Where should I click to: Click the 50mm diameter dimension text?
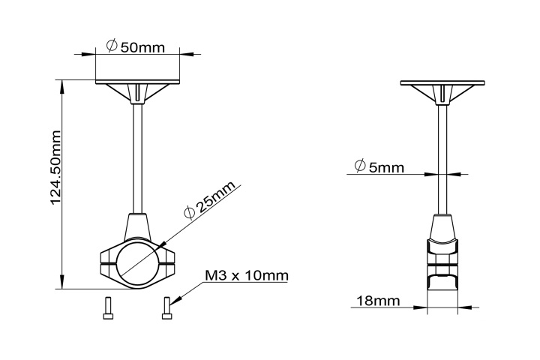point(142,47)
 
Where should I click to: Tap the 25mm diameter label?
point(209,200)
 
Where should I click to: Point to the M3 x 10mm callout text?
point(246,276)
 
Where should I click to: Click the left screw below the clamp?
point(107,308)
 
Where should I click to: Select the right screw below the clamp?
point(166,308)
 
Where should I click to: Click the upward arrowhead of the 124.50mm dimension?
point(61,84)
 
